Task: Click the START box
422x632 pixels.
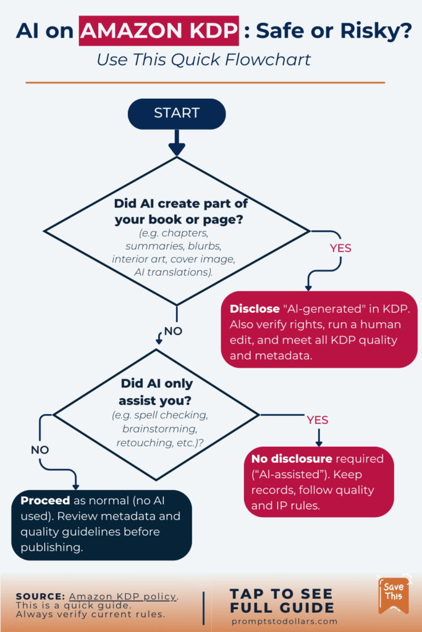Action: [x=177, y=114]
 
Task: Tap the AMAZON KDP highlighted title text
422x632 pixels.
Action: [x=158, y=31]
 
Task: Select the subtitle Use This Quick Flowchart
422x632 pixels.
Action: [x=203, y=60]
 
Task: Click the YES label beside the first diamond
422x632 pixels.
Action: [x=340, y=248]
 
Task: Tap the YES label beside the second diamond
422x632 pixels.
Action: [x=318, y=420]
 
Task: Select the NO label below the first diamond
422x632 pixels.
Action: [x=173, y=331]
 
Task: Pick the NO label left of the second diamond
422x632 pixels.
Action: [x=40, y=450]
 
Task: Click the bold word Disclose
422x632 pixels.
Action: [x=255, y=309]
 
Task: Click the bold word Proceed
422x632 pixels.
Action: [x=44, y=500]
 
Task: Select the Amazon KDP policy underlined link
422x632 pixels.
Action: [x=123, y=597]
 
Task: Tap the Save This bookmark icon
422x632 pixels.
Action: [x=393, y=595]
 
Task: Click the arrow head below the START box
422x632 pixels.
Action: [x=177, y=150]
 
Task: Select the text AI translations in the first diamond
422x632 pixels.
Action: [x=174, y=272]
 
